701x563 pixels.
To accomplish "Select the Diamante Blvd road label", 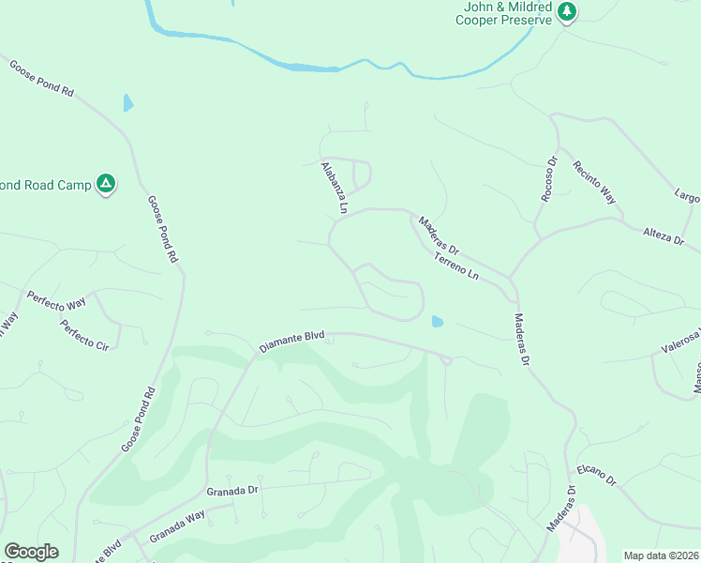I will [x=291, y=342].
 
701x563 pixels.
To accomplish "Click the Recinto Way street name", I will [x=596, y=182].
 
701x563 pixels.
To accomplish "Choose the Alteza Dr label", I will [x=664, y=236].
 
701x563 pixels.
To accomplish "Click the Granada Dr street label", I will [x=231, y=491].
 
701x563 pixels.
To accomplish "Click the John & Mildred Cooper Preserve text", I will [x=507, y=12].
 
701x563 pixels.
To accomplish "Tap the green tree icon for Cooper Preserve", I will [x=566, y=11].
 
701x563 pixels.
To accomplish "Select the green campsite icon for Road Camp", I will [x=107, y=184].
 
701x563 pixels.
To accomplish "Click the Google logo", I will [x=31, y=552].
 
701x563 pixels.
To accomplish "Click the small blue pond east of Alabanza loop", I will [x=437, y=322].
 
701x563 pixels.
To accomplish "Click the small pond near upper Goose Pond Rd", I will [x=127, y=102].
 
